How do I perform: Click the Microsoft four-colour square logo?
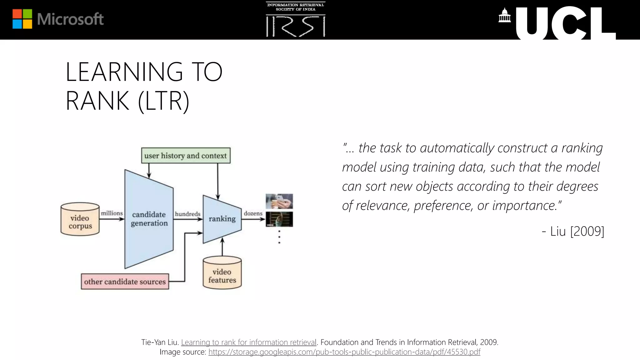tap(22, 19)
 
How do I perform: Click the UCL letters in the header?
tap(566, 24)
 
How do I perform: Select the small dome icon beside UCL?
tap(504, 16)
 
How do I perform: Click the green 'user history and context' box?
tap(186, 156)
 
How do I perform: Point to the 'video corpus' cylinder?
tap(80, 219)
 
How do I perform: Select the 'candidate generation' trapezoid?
tap(149, 219)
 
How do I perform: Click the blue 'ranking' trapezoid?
tap(222, 219)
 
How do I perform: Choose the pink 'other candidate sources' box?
tap(125, 282)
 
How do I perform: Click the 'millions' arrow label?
tap(112, 213)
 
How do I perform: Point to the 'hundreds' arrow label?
tap(187, 214)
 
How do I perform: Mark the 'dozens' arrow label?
tap(253, 213)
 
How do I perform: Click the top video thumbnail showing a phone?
tap(279, 201)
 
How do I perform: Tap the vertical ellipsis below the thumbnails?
tap(279, 237)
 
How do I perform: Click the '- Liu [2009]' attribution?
tap(573, 231)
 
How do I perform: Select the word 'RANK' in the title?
tap(97, 101)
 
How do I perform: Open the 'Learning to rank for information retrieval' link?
tap(249, 342)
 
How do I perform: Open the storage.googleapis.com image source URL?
tap(344, 352)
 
